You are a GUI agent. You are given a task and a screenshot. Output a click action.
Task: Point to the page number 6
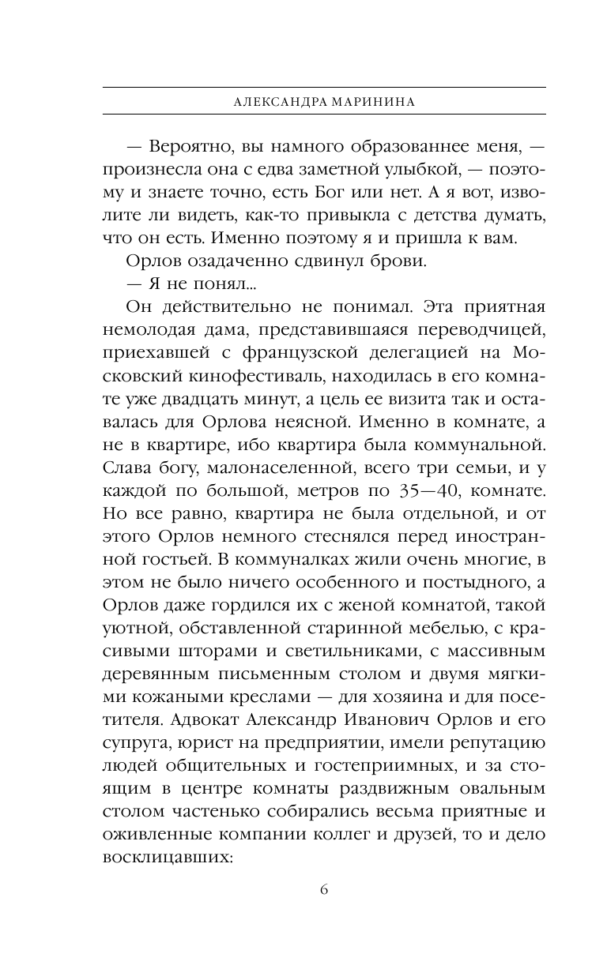tap(324, 889)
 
